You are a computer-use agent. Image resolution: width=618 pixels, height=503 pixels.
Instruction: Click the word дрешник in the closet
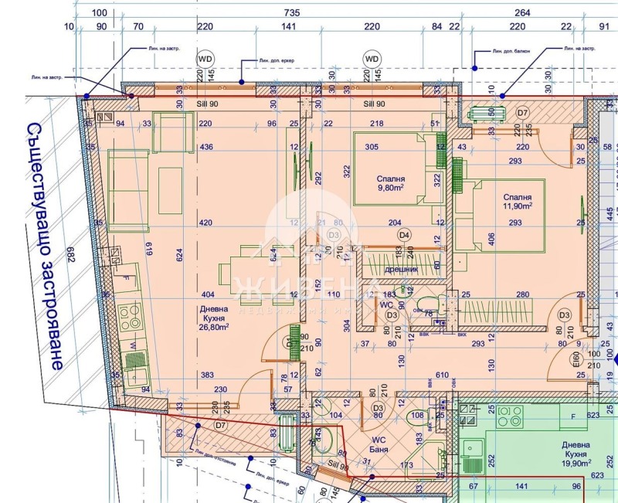401,269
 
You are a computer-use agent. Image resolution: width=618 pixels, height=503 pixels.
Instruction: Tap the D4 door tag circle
403,235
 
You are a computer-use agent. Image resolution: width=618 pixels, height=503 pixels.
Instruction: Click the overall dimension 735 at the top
290,12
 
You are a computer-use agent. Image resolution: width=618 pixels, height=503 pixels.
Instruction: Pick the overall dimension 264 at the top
522,12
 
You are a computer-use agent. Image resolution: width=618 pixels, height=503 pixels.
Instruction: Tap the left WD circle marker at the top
205,59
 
